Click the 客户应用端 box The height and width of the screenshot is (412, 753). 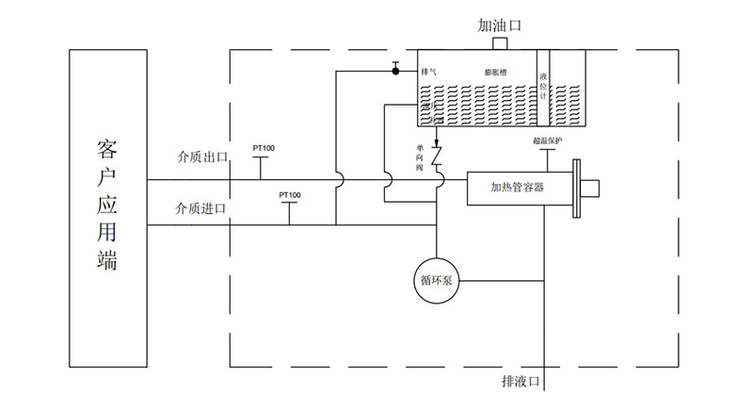[x=107, y=207]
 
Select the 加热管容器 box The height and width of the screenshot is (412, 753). [x=518, y=186]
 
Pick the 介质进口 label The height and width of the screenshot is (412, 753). [x=202, y=207]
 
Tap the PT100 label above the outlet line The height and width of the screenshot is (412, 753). [x=264, y=148]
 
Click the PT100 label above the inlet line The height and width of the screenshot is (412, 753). [x=289, y=195]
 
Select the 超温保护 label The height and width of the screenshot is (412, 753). [x=547, y=141]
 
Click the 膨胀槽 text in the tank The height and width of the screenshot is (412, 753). [x=497, y=72]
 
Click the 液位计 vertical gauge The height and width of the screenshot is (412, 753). [x=542, y=85]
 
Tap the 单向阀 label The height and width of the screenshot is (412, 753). [x=420, y=157]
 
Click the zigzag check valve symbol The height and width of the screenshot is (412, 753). [x=438, y=157]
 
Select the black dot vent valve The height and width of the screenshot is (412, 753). [x=396, y=70]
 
